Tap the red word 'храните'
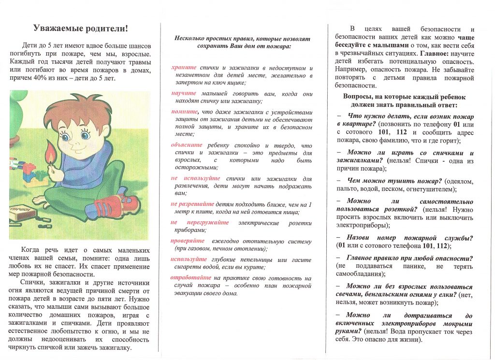[184, 68]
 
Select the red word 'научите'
[184, 93]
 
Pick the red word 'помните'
[183, 112]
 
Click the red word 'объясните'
[187, 144]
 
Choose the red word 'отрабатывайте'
[191, 278]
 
